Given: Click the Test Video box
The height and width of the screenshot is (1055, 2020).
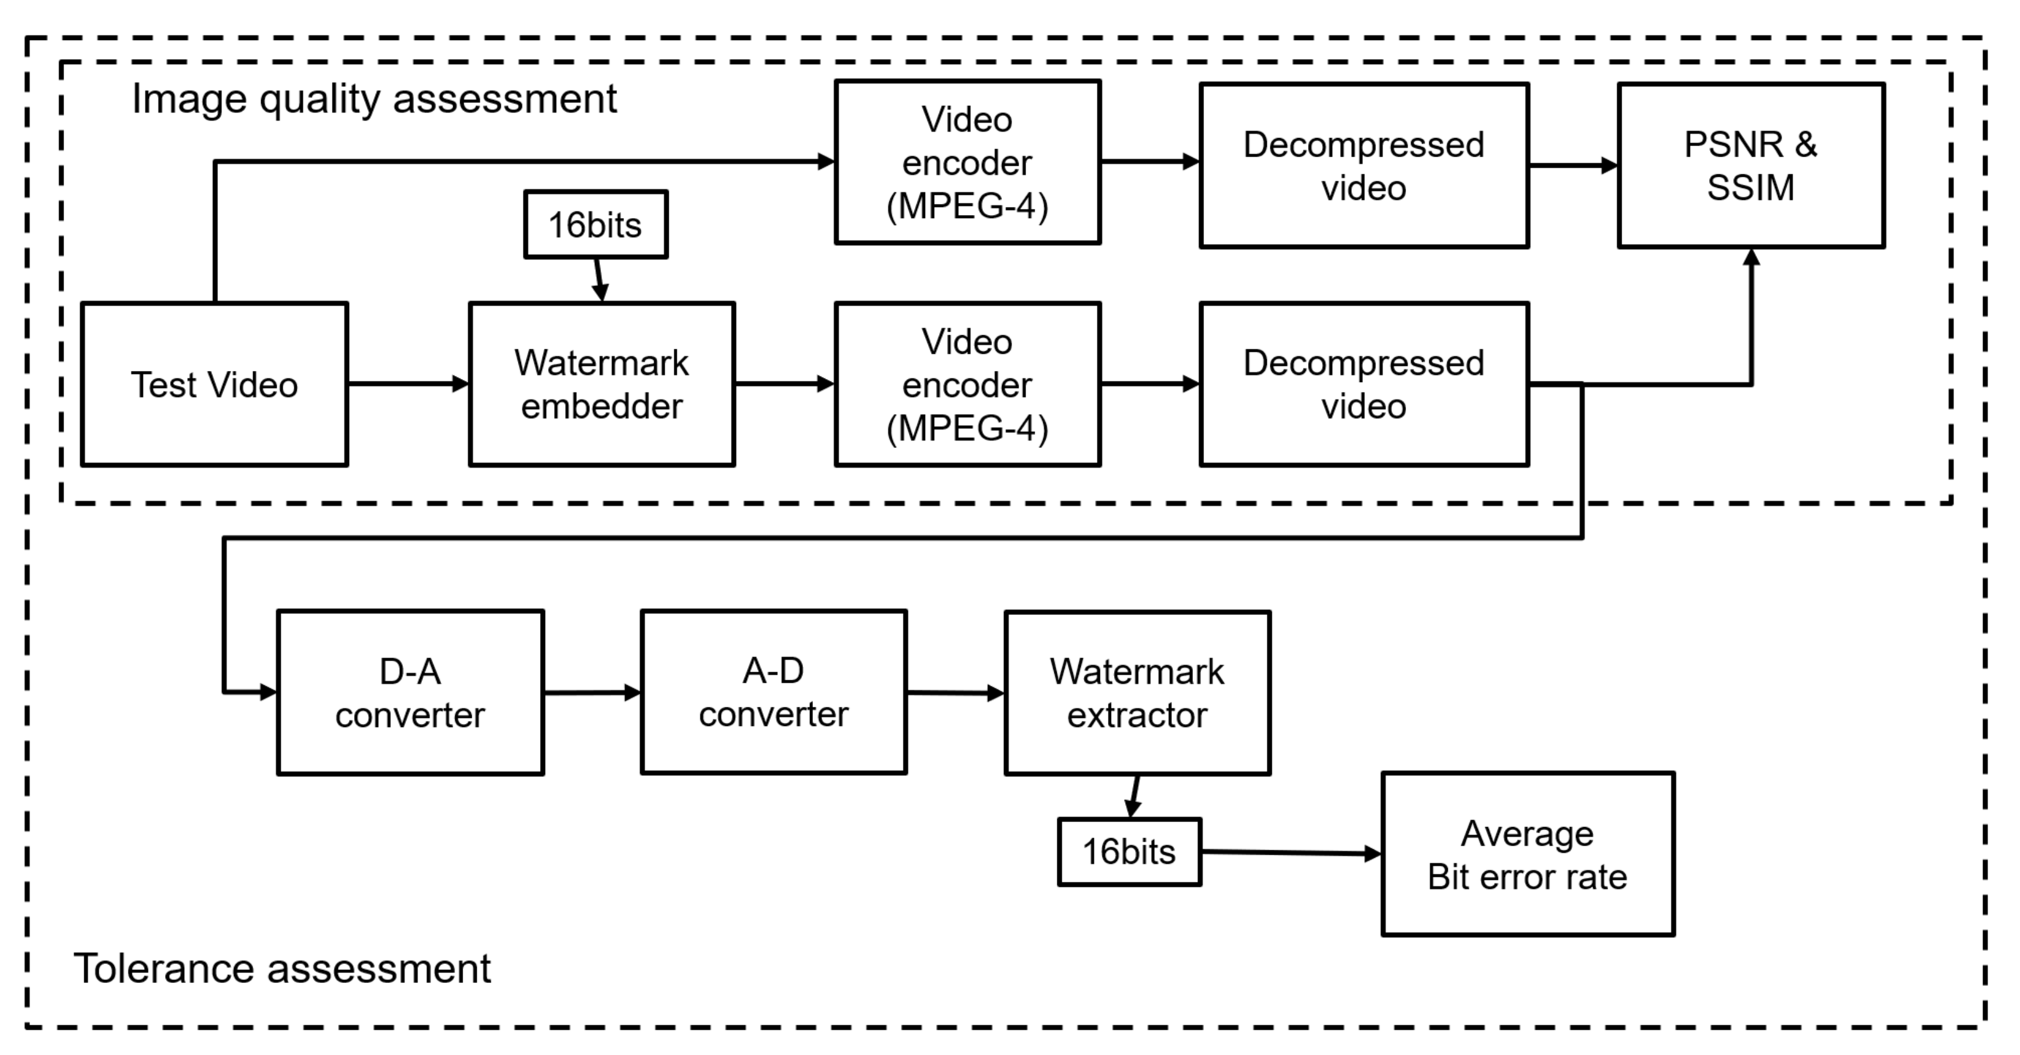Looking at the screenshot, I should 214,385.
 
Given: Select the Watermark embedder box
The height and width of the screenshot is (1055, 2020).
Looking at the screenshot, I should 602,385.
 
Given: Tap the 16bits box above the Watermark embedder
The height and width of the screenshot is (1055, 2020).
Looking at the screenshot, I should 595,224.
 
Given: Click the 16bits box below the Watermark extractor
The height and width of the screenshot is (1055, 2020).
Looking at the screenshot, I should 1129,852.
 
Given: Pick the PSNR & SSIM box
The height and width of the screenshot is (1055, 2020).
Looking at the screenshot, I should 1750,166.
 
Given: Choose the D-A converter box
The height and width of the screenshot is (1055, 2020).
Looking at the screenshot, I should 410,693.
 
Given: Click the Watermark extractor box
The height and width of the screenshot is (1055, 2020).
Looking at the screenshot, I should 1137,693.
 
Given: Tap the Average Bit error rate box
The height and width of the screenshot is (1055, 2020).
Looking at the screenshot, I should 1527,854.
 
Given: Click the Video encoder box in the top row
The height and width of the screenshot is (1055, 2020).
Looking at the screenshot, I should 968,162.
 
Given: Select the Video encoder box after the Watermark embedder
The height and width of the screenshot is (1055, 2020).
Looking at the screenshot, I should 968,385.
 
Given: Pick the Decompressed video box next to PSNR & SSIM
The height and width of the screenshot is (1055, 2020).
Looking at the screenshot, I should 1363,166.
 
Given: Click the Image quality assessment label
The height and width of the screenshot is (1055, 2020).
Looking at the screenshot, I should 374,99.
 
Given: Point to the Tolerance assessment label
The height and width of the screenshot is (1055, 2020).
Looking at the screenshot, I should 282,969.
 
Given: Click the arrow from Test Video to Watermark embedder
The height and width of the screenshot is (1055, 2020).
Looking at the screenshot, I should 408,383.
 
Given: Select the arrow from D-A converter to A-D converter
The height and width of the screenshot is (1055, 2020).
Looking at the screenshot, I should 592,693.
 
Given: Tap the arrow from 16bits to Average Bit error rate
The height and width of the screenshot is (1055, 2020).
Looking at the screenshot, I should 1290,853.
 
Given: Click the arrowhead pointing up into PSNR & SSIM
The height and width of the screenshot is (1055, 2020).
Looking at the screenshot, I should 1751,257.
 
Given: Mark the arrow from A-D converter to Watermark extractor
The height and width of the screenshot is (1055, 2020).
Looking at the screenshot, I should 955,693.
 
